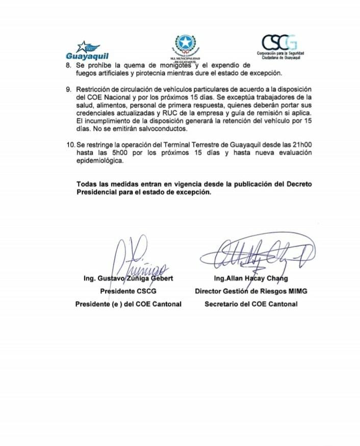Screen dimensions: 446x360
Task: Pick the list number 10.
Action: (70, 145)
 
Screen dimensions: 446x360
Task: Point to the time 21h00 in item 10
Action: (305, 145)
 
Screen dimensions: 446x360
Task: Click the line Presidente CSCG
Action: (128, 291)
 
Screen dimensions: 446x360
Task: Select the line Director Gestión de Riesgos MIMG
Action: (251, 291)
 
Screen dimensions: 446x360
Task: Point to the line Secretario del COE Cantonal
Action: (251, 304)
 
